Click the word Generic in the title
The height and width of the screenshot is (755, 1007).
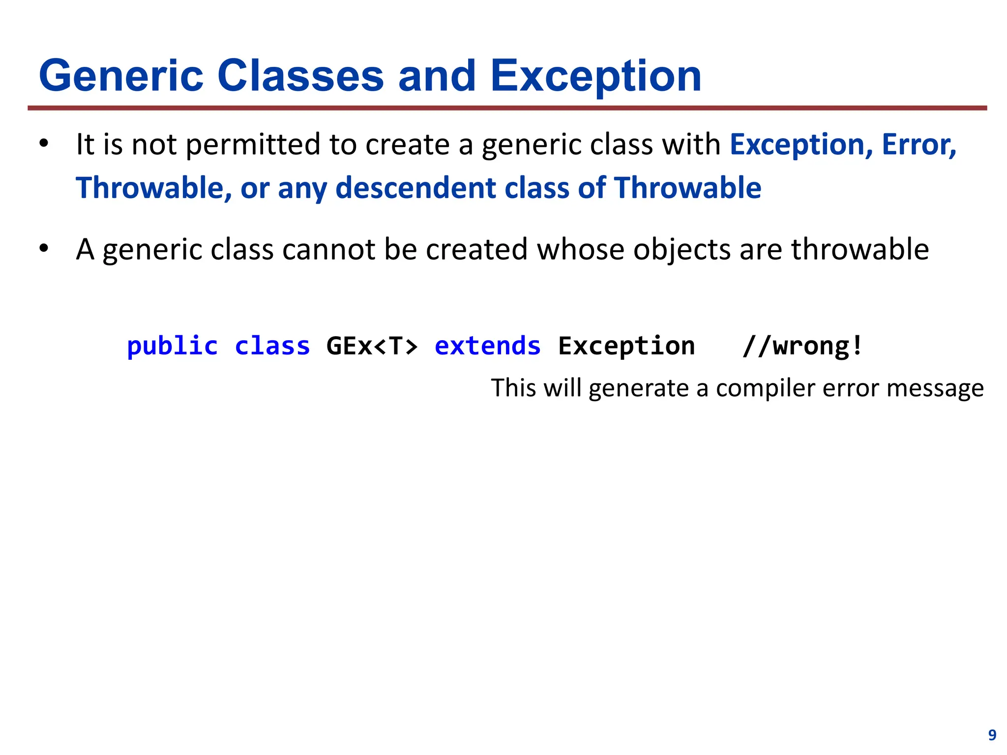pos(121,76)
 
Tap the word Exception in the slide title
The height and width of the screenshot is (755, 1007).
pos(596,76)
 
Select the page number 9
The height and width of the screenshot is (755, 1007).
pos(992,735)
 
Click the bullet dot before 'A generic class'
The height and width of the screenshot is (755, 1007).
pos(44,249)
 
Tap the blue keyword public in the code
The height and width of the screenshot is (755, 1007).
pos(172,346)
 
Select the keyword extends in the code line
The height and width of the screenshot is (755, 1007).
pos(487,346)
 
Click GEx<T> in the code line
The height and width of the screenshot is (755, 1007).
pos(372,346)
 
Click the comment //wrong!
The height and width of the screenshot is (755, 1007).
pos(802,346)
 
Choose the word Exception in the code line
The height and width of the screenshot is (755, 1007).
pos(626,346)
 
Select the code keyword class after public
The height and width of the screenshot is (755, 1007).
pos(272,346)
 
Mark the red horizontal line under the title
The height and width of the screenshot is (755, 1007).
pos(506,108)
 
